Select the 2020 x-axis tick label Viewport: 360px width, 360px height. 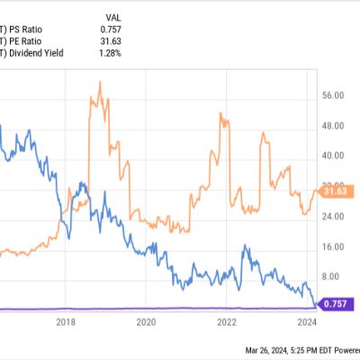tap(146, 321)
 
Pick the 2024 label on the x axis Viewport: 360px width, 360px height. tap(307, 321)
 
